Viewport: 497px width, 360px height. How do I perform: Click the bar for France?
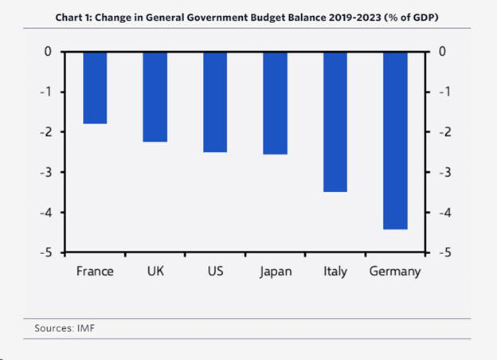click(x=95, y=88)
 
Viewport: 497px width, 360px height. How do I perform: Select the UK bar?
click(x=155, y=96)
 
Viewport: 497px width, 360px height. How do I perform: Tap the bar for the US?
click(x=215, y=102)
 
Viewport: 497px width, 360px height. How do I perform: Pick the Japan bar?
click(x=276, y=103)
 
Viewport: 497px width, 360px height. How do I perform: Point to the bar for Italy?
click(x=335, y=122)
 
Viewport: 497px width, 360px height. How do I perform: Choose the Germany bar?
click(x=396, y=140)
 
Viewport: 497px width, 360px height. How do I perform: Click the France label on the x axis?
click(x=95, y=271)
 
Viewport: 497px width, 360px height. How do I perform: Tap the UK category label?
click(x=156, y=271)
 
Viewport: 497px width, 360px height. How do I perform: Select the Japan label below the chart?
click(x=276, y=272)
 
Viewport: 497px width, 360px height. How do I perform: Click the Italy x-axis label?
click(x=335, y=272)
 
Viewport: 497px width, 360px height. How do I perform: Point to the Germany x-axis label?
click(x=395, y=272)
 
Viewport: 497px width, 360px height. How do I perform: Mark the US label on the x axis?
click(x=215, y=271)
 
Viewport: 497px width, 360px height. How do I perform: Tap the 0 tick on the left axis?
click(x=49, y=52)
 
